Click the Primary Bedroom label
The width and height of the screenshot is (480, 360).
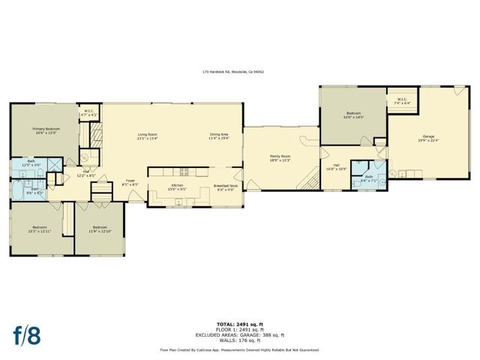point(46,129)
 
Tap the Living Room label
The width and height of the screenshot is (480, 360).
point(147,135)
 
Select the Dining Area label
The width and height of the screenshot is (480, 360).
point(219,135)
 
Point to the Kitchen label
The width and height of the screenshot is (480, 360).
point(177,184)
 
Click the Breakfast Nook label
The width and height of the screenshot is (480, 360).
point(224,184)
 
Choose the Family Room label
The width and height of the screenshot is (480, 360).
point(280,155)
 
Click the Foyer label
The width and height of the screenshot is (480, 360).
point(130,180)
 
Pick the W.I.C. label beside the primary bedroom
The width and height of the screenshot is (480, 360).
point(88,111)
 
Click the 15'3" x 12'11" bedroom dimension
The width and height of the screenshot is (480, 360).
point(39,231)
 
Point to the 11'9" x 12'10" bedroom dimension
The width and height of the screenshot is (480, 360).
point(100,231)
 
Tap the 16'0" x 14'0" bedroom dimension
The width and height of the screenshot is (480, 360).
point(353,118)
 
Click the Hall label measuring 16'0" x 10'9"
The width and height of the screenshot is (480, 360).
point(337,166)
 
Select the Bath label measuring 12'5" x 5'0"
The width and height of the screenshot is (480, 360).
point(31,161)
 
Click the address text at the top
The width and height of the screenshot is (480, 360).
point(232,72)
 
